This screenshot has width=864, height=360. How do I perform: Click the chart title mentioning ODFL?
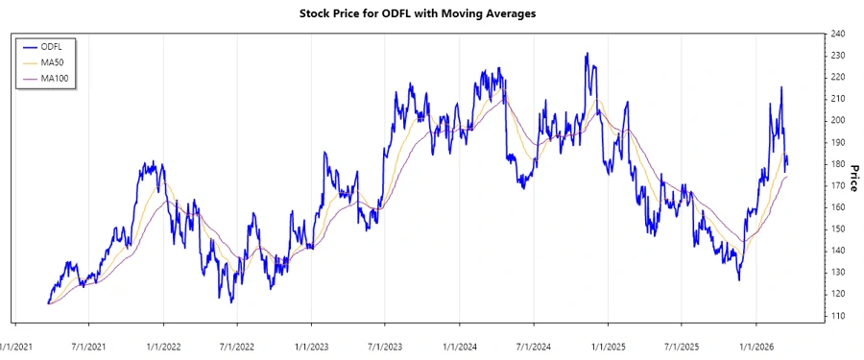point(431,13)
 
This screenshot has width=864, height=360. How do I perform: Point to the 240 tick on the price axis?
point(837,34)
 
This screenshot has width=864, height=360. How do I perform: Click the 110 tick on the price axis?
point(837,315)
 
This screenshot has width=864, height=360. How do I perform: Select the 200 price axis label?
point(837,120)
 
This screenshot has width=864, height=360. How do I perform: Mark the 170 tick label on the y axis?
point(837,185)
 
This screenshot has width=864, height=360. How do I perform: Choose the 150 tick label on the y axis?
point(837,228)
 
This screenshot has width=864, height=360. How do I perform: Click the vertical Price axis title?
point(853,176)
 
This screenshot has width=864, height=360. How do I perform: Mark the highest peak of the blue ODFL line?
point(586,54)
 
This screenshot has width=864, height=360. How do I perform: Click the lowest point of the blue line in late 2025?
point(738,279)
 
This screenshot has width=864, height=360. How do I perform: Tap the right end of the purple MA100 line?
point(787,177)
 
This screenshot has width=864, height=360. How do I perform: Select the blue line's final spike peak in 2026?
point(781,87)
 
